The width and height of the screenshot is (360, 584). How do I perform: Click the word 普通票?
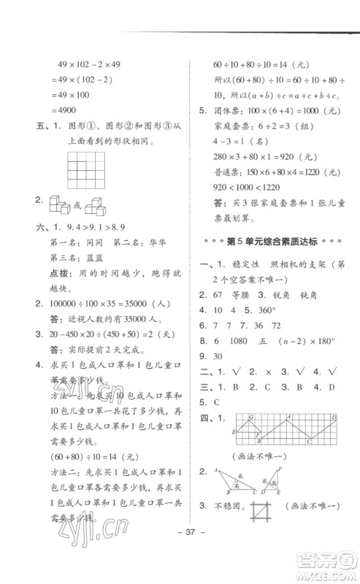point(227,191)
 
